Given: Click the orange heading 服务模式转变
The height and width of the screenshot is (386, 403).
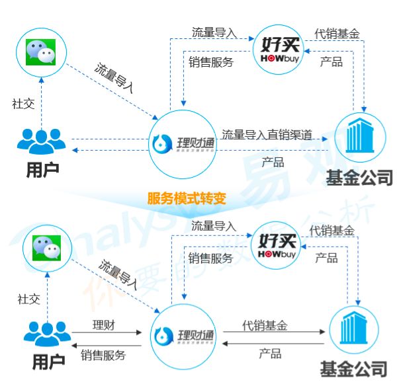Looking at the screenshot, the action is click(187, 198).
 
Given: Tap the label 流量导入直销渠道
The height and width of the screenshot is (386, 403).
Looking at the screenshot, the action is click(267, 135).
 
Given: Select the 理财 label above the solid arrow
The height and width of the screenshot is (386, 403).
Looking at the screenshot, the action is click(104, 325).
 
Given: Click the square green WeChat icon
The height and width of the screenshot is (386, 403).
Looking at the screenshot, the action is click(41, 52).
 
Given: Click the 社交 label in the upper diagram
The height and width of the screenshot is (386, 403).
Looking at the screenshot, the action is click(23, 104).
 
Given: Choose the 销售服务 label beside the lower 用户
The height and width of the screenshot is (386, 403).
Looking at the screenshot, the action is click(103, 356).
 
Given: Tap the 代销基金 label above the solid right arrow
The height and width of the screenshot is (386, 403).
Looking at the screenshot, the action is click(265, 325).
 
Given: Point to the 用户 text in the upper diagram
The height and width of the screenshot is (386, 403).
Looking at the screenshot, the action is click(42, 169).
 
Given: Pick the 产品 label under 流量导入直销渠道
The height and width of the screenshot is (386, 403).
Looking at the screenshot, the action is click(273, 161).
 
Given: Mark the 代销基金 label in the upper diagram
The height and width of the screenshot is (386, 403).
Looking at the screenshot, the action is click(337, 32).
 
